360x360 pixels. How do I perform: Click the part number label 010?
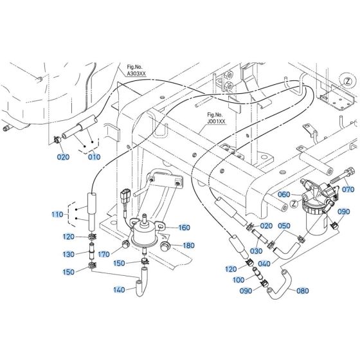click(94, 157)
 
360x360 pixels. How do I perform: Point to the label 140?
click(119, 290)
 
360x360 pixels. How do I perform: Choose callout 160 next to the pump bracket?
click(184, 209)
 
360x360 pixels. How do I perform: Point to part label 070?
click(348, 172)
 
